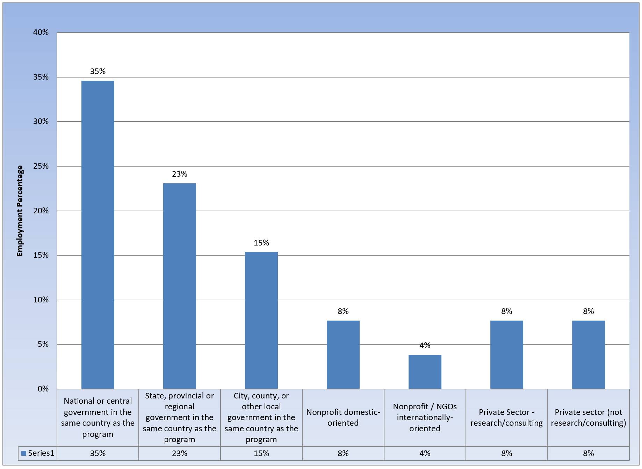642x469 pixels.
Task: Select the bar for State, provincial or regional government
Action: [180, 286]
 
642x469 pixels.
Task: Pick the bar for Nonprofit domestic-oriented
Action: [343, 354]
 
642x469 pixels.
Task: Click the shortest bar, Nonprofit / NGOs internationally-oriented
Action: [425, 372]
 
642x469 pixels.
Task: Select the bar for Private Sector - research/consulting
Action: [507, 354]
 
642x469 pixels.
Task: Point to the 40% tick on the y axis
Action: [41, 32]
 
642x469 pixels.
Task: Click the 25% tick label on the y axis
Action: [41, 166]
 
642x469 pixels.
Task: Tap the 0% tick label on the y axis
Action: [43, 389]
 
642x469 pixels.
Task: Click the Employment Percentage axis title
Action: [20, 211]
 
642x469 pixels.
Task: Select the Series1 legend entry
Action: [38, 453]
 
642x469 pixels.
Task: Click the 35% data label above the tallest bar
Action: [98, 72]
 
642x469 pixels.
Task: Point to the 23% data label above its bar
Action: [180, 174]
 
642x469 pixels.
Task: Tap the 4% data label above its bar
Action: [425, 346]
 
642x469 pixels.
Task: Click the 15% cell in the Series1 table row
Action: [261, 453]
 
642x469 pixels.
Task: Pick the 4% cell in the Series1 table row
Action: [425, 453]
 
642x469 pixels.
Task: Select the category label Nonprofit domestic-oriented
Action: [343, 418]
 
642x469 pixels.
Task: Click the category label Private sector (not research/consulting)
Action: [589, 418]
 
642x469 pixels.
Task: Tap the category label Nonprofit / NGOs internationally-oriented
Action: [425, 418]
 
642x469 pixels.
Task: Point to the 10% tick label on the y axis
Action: [41, 300]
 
